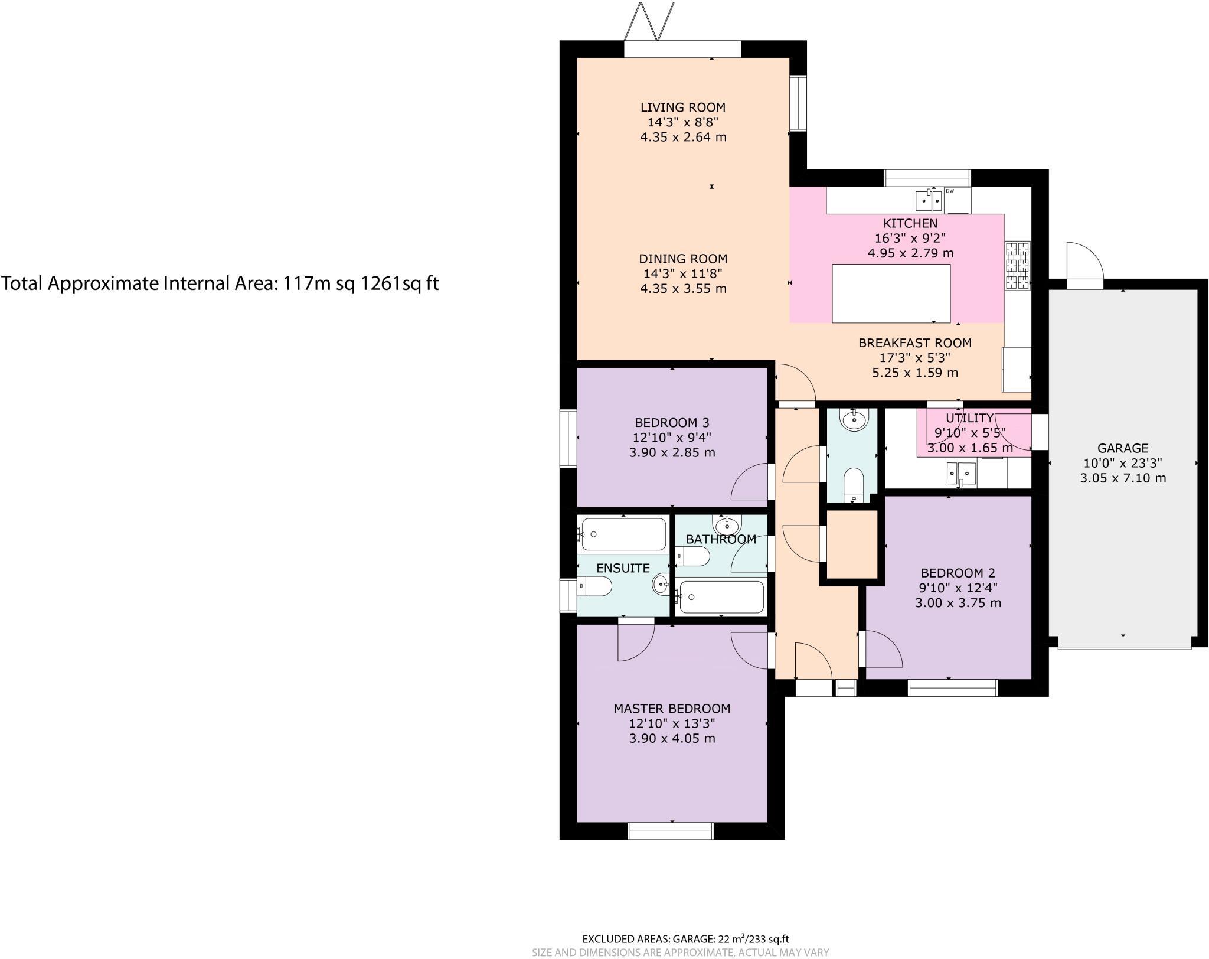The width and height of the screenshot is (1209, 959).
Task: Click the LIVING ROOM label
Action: [x=683, y=107]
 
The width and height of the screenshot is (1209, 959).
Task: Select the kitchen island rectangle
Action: [x=891, y=293]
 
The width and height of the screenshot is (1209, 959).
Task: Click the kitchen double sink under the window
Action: [x=928, y=201]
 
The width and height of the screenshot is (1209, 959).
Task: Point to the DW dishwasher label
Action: [x=950, y=191]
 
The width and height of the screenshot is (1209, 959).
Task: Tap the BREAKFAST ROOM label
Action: [x=914, y=343]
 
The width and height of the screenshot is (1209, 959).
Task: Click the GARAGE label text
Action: [x=1123, y=448]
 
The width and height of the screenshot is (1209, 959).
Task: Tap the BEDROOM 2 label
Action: [x=958, y=573]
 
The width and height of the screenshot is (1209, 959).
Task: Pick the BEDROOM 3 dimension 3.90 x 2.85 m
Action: [x=672, y=453]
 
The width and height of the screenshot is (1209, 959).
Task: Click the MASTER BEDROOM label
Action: [x=672, y=709]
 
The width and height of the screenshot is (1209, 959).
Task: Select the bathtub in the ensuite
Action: [x=623, y=534]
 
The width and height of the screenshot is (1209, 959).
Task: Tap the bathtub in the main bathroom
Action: [x=721, y=597]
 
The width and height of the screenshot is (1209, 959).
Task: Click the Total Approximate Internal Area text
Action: [x=220, y=284]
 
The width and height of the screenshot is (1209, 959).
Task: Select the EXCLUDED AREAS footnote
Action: [x=685, y=939]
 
